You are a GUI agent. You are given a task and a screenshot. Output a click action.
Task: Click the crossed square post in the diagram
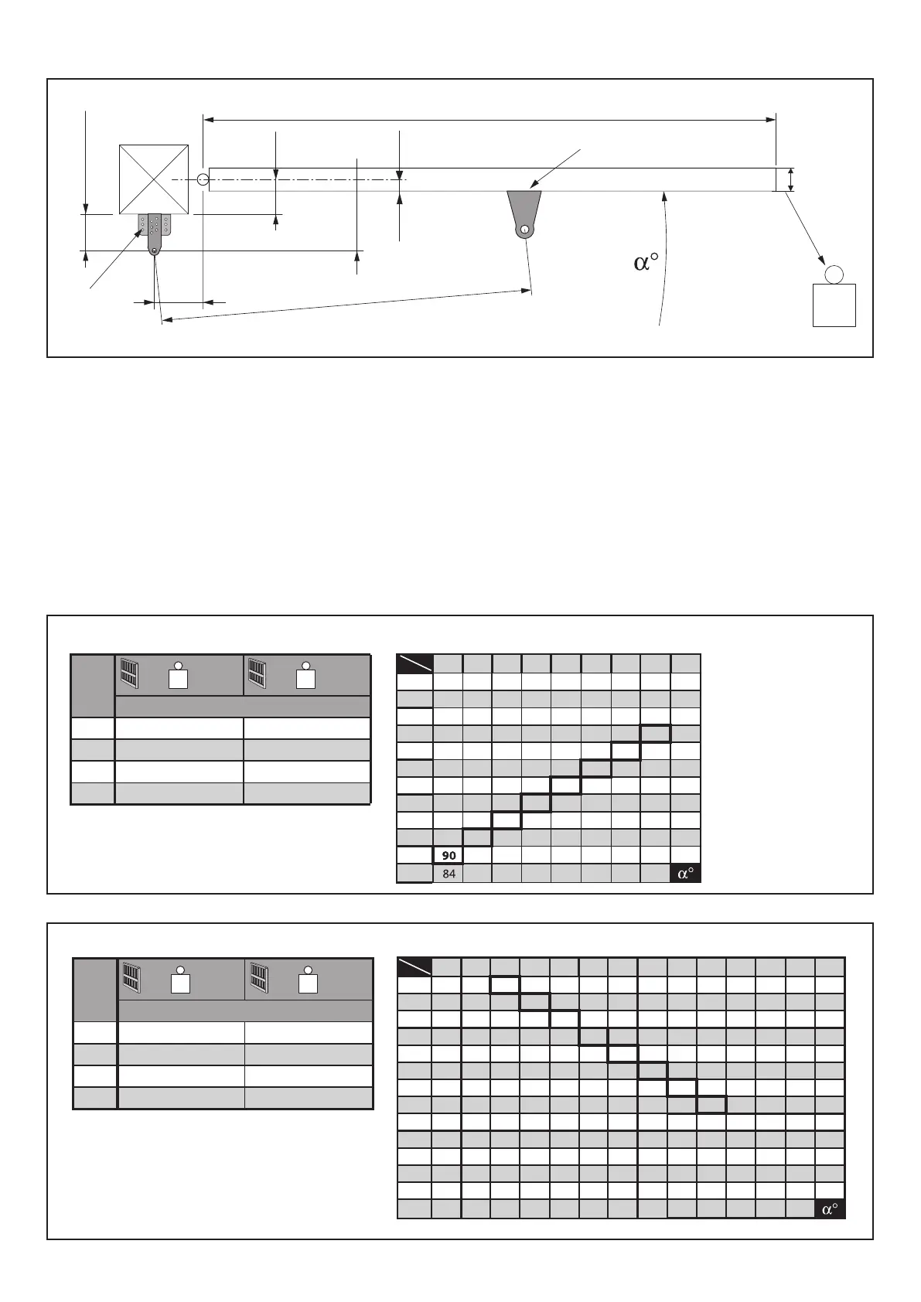154,179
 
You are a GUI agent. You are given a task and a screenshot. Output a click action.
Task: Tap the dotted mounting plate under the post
155,225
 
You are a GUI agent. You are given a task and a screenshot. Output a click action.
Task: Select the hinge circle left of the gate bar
203,179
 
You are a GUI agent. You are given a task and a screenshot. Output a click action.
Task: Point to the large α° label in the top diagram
646,263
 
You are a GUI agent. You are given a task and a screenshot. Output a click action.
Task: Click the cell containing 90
449,856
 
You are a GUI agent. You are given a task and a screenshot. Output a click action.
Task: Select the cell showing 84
449,874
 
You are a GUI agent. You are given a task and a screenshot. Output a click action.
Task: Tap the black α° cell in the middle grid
685,874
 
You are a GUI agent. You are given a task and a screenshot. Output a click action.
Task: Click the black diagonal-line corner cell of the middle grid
414,663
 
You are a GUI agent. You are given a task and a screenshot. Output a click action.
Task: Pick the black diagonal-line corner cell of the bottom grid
414,966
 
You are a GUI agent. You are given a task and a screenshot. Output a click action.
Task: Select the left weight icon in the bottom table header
180,980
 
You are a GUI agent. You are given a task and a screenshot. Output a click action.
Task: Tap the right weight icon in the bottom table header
309,980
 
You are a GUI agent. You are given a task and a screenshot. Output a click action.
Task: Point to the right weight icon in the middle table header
306,676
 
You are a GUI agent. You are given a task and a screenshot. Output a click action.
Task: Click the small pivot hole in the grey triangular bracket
525,230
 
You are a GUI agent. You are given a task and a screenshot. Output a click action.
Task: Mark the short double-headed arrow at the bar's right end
790,179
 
